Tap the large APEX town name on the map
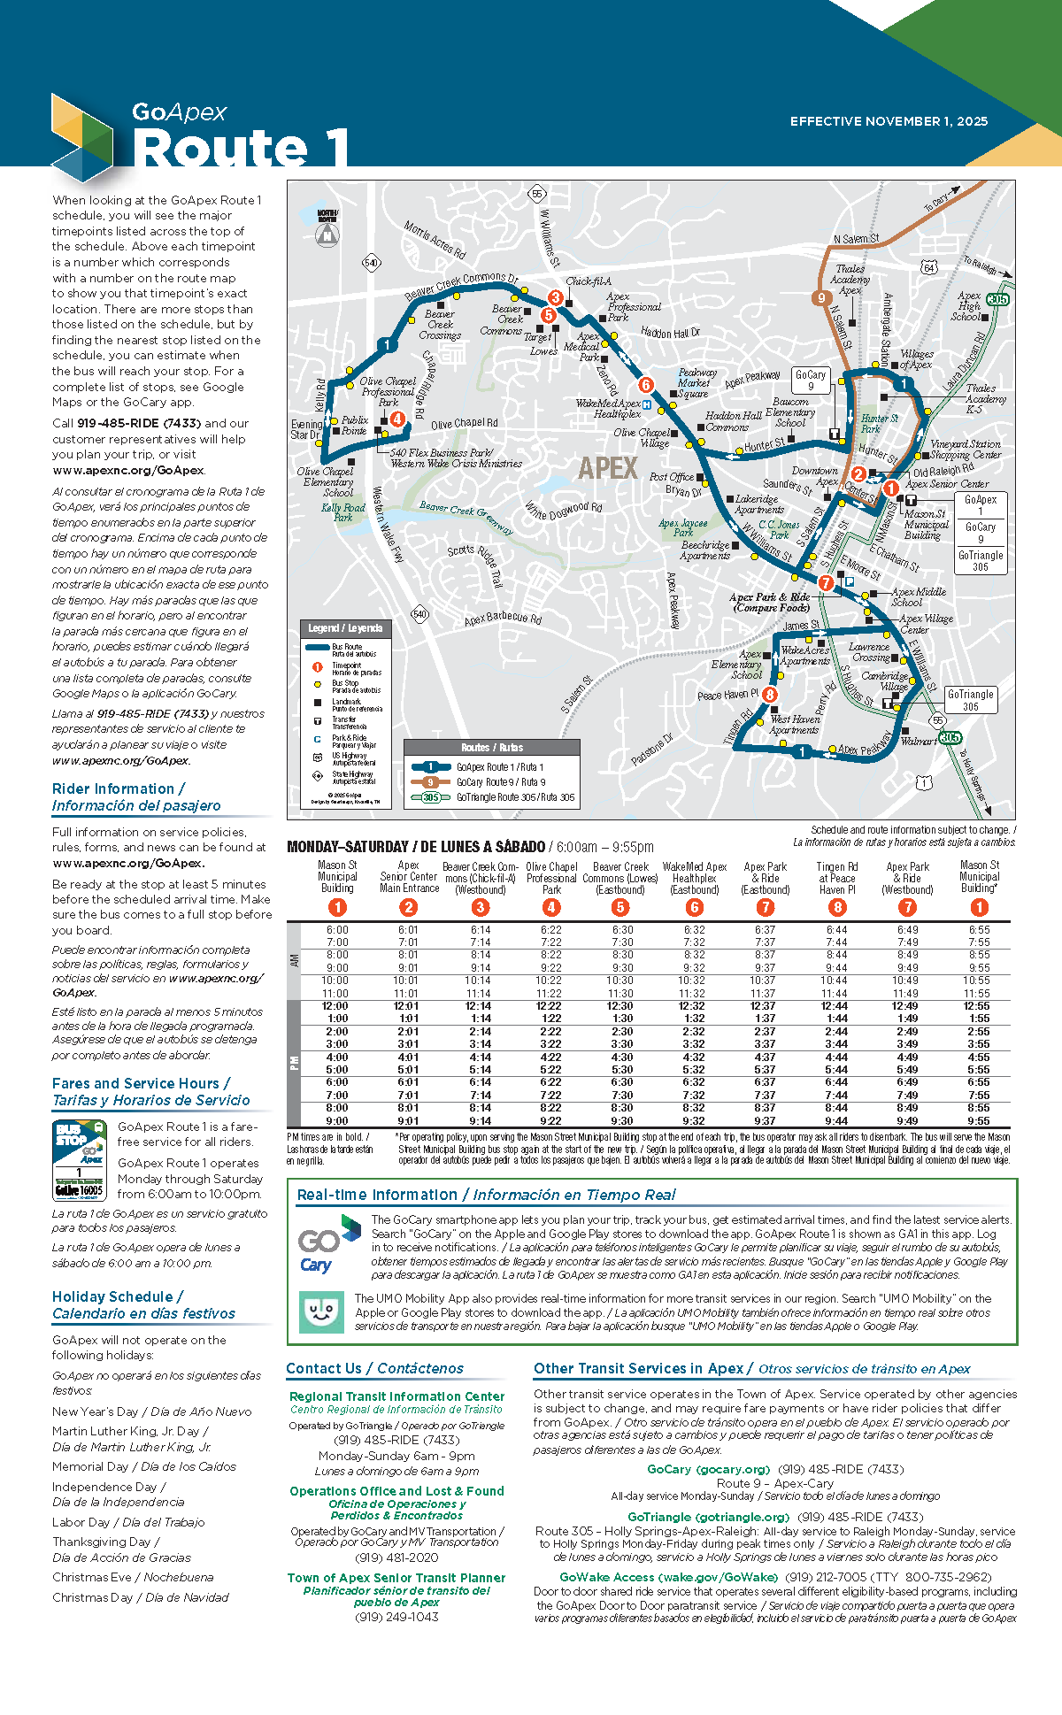click(608, 467)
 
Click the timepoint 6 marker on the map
click(646, 385)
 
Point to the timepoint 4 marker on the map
click(397, 419)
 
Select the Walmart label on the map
click(919, 742)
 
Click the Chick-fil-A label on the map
click(589, 281)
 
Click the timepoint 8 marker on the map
click(770, 695)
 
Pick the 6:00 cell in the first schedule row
click(337, 930)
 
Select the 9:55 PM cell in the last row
click(978, 1121)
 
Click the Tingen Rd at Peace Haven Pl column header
click(836, 878)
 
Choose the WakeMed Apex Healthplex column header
click(695, 878)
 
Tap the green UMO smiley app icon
click(322, 1311)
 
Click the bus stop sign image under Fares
click(80, 1159)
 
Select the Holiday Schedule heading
click(118, 1296)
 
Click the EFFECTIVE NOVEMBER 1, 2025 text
click(889, 121)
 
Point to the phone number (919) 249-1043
click(396, 1617)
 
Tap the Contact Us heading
click(324, 1368)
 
